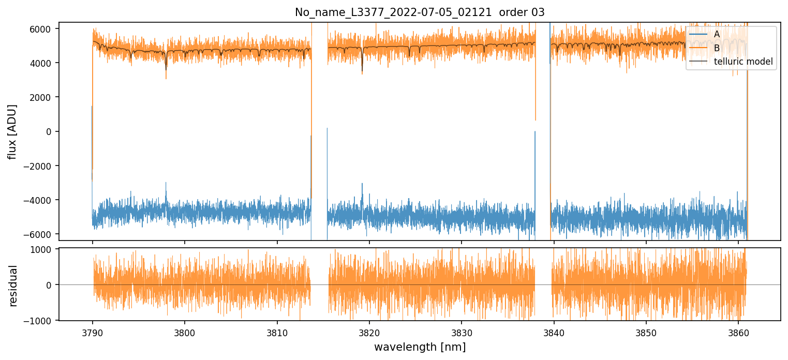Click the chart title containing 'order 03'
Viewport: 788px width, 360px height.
[x=420, y=12]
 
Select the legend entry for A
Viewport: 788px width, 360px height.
[x=717, y=34]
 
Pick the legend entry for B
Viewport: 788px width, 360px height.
[x=717, y=48]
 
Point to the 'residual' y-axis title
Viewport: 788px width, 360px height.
[x=13, y=285]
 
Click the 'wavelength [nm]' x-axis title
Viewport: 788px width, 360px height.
[x=420, y=347]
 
